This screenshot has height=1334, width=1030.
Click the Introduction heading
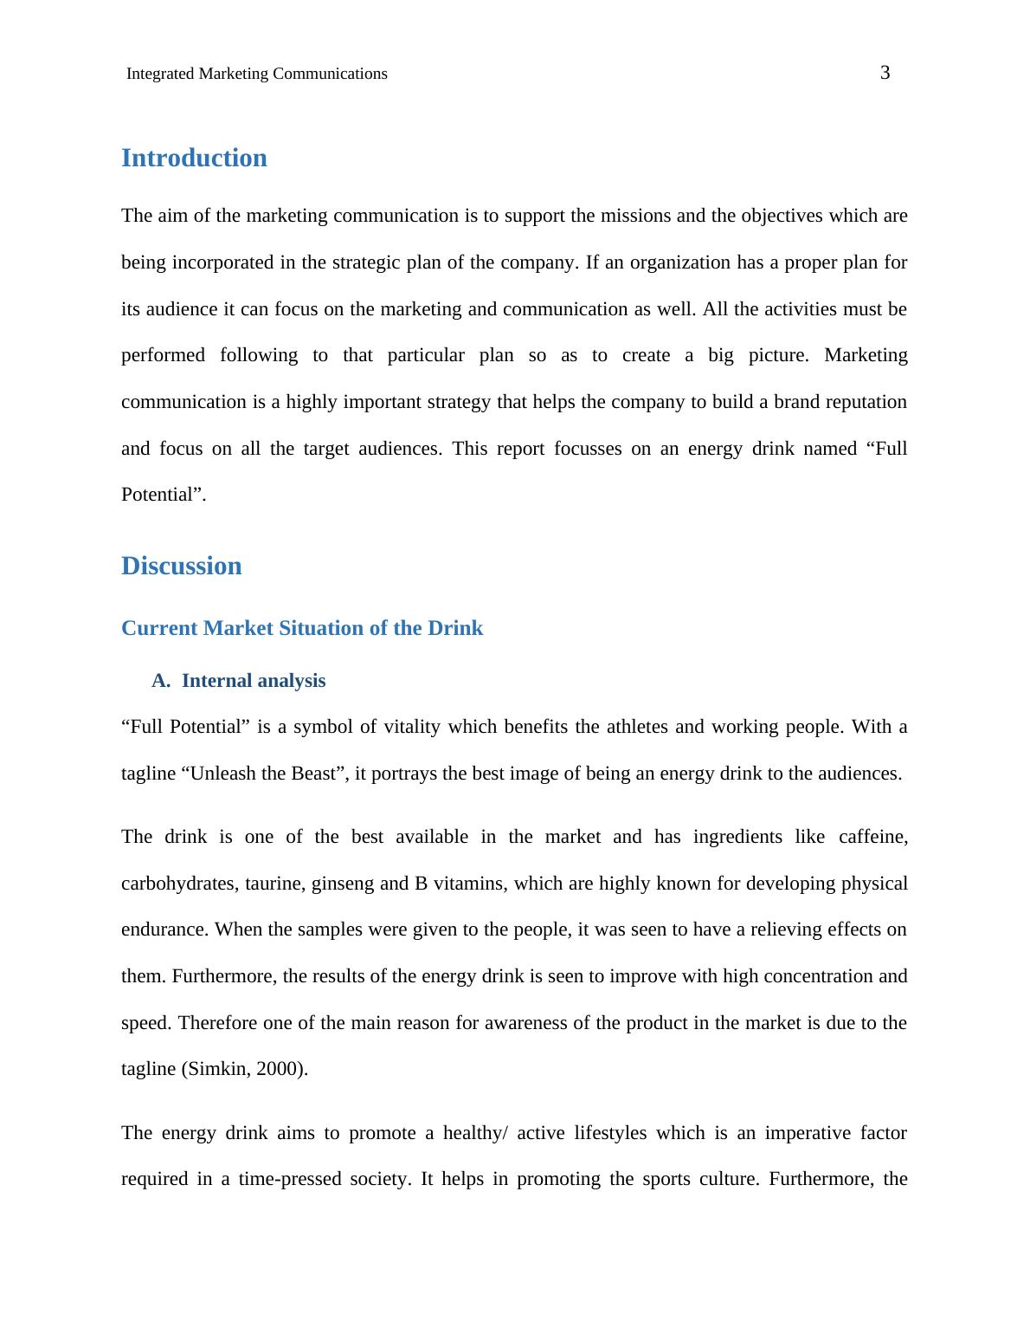194,159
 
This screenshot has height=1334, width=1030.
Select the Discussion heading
181,567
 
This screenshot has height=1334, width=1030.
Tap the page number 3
885,74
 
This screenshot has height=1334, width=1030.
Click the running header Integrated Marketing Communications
257,74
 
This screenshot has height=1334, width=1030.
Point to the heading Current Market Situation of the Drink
302,629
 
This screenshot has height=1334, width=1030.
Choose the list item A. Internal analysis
238,682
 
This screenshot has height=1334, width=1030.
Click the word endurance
163,930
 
